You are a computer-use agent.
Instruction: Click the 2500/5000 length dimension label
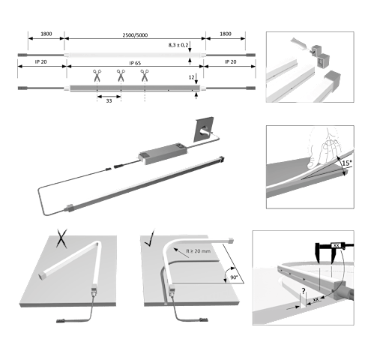coord(135,34)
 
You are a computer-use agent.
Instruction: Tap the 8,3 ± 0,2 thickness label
coord(178,45)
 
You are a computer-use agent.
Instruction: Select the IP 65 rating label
coord(135,63)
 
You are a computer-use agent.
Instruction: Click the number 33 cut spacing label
coord(109,100)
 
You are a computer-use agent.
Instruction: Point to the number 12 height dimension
coord(191,77)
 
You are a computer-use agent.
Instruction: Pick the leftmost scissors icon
coord(97,76)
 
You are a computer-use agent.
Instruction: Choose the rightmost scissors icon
coord(145,76)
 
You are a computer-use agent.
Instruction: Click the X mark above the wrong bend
coord(61,238)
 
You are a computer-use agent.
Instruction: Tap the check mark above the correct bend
coord(150,238)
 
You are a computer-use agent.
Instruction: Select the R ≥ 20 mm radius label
coord(199,250)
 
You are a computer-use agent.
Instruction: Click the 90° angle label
coord(234,277)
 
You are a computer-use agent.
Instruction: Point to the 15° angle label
coord(347,163)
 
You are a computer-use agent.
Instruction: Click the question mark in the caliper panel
coord(304,291)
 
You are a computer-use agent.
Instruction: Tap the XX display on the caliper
coord(337,246)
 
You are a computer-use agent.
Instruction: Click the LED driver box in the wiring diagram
coord(163,154)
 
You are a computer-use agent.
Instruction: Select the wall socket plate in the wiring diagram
coord(204,130)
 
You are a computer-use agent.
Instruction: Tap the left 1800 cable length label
coord(46,34)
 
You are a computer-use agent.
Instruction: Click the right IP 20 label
coord(231,61)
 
